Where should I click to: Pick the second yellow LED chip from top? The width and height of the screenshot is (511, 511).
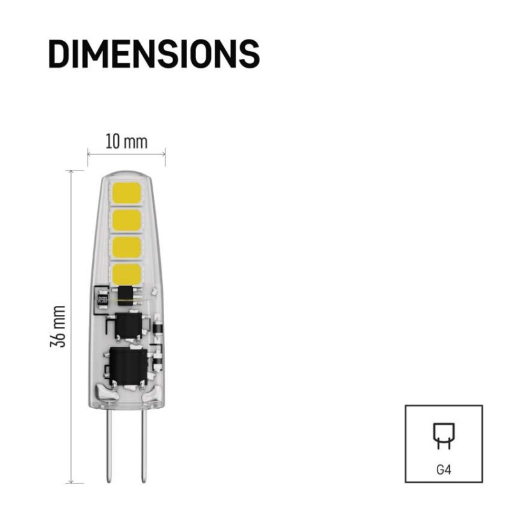pyautogui.click(x=126, y=220)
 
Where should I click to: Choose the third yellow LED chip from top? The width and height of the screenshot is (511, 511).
pyautogui.click(x=126, y=247)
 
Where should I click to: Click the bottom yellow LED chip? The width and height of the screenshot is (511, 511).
pyautogui.click(x=126, y=274)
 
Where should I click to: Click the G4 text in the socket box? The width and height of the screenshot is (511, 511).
pyautogui.click(x=444, y=469)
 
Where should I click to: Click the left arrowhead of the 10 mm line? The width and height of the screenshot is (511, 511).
pyautogui.click(x=89, y=153)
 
